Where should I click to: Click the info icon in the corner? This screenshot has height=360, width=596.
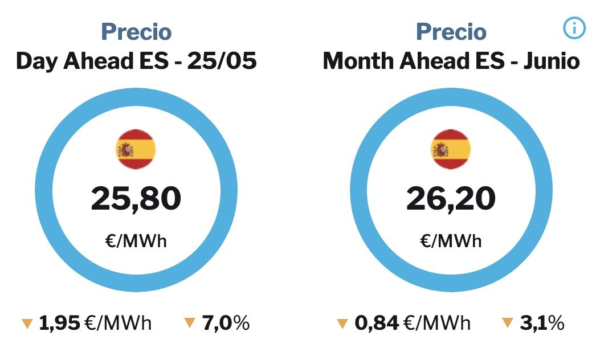pyautogui.click(x=574, y=28)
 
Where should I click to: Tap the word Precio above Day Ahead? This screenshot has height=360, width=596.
pyautogui.click(x=136, y=32)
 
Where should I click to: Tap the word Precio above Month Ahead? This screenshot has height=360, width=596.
pyautogui.click(x=451, y=32)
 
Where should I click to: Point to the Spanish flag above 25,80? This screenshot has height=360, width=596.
pyautogui.click(x=136, y=149)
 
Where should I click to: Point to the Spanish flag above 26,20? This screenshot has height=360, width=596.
pyautogui.click(x=451, y=149)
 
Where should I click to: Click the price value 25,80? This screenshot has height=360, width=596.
pyautogui.click(x=136, y=198)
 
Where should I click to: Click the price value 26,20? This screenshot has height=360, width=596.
pyautogui.click(x=451, y=198)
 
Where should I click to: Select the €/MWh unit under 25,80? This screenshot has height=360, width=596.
pyautogui.click(x=136, y=241)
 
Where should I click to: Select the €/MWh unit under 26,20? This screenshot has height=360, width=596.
pyautogui.click(x=451, y=241)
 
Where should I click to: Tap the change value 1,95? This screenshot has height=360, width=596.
pyautogui.click(x=60, y=324)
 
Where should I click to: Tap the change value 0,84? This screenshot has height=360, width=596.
pyautogui.click(x=377, y=324)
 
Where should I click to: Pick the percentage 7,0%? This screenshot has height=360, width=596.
pyautogui.click(x=226, y=324)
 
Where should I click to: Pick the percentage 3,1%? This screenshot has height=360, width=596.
pyautogui.click(x=541, y=324)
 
